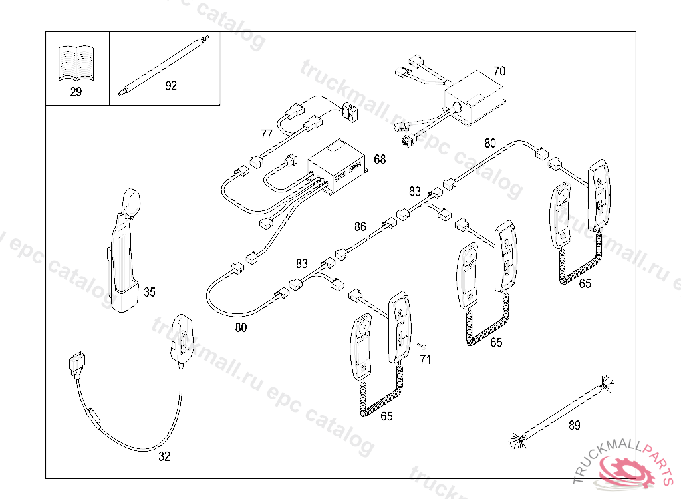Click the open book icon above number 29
tap(76, 63)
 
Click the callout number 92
tap(171, 86)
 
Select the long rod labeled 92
tap(164, 66)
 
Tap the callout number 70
tap(499, 71)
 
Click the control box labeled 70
tap(475, 98)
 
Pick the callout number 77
tap(267, 134)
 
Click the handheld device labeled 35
tap(124, 251)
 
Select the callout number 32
tap(164, 456)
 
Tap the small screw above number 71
tap(421, 346)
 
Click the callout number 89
tap(574, 425)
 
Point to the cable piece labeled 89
tap(561, 412)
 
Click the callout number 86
tap(360, 226)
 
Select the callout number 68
tap(380, 160)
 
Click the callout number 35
tap(150, 292)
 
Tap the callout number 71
tap(425, 359)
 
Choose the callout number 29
tap(76, 92)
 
